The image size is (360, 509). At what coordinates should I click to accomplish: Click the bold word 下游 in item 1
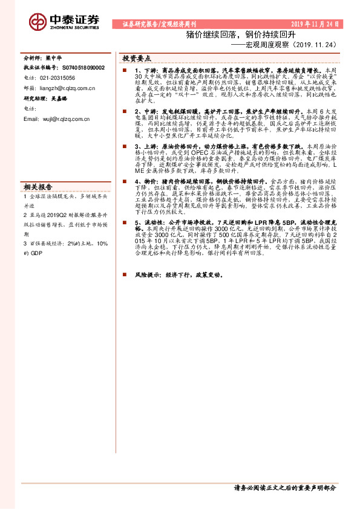pyautogui.click(x=146, y=71)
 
